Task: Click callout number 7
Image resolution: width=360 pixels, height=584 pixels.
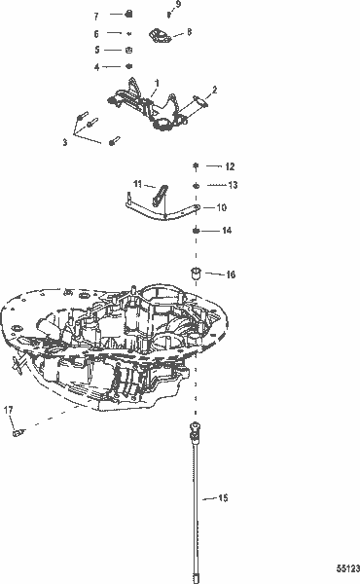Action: [x=96, y=17]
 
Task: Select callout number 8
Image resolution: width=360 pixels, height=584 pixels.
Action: [x=188, y=32]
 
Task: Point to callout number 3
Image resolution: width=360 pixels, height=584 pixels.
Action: [x=65, y=142]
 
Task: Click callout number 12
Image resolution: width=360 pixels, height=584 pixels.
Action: [x=231, y=167]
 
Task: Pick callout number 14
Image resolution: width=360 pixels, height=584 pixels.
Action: [x=227, y=231]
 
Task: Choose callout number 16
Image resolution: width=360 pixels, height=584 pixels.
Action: [x=230, y=274]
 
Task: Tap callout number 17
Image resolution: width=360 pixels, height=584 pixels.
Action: [x=8, y=408]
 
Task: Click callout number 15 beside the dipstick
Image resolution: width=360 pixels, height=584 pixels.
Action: [x=223, y=498]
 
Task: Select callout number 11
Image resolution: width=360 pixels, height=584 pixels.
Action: [x=138, y=183]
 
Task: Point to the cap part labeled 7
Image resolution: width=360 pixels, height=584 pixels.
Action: [x=127, y=15]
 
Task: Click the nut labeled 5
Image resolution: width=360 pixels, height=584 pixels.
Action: [x=128, y=50]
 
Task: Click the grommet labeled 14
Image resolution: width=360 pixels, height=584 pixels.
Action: [x=196, y=231]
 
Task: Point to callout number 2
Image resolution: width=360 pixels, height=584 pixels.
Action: [x=213, y=90]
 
